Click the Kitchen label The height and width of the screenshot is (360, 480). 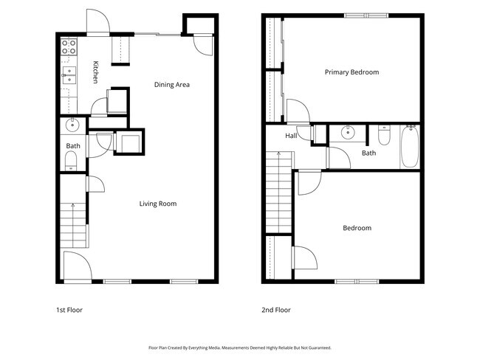coord(95,72)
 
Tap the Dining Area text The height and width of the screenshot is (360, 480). coord(172,84)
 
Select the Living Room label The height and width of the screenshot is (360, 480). coord(158,204)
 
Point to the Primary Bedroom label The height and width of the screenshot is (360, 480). coord(352,72)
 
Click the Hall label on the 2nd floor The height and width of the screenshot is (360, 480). coord(291,136)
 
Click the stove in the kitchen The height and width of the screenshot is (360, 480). coord(69,46)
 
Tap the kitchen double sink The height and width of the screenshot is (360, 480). coord(69,75)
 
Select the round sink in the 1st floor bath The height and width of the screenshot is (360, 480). coord(72,125)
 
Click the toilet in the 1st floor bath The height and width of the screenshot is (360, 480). coord(71,161)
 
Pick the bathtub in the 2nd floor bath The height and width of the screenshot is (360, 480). coord(410,147)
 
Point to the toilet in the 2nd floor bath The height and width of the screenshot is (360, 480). coord(384,135)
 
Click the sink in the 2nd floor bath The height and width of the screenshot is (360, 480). coord(348,132)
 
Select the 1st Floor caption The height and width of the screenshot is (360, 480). coord(69,310)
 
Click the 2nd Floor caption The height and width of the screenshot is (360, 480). coord(276,310)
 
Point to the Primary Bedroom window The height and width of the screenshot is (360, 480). coord(366,15)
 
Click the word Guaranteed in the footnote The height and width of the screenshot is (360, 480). coord(320,347)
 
